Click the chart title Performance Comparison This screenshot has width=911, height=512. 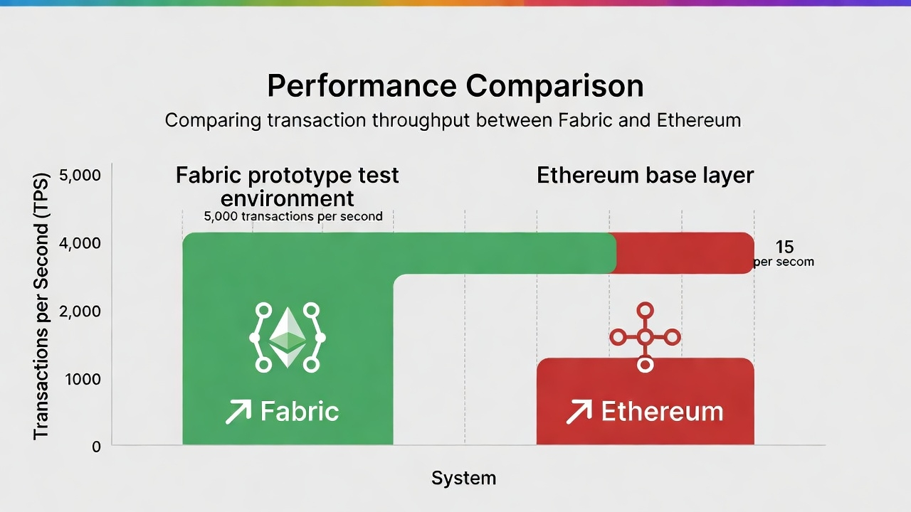(455, 86)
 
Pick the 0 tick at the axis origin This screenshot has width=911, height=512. (96, 447)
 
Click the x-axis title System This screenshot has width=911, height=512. (463, 479)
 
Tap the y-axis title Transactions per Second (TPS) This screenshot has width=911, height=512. (41, 306)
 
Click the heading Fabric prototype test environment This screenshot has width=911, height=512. (287, 187)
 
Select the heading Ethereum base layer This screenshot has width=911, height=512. (645, 176)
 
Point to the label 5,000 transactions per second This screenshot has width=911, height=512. (293, 216)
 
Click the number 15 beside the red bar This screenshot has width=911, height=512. (784, 247)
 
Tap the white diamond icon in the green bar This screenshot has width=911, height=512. (288, 337)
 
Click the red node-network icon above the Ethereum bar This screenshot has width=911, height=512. (645, 337)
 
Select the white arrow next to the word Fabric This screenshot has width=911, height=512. (238, 412)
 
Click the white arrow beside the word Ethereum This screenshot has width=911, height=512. (579, 412)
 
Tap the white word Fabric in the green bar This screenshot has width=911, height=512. (300, 411)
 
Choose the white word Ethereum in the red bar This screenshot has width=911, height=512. (663, 411)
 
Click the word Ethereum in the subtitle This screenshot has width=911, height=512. (699, 121)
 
